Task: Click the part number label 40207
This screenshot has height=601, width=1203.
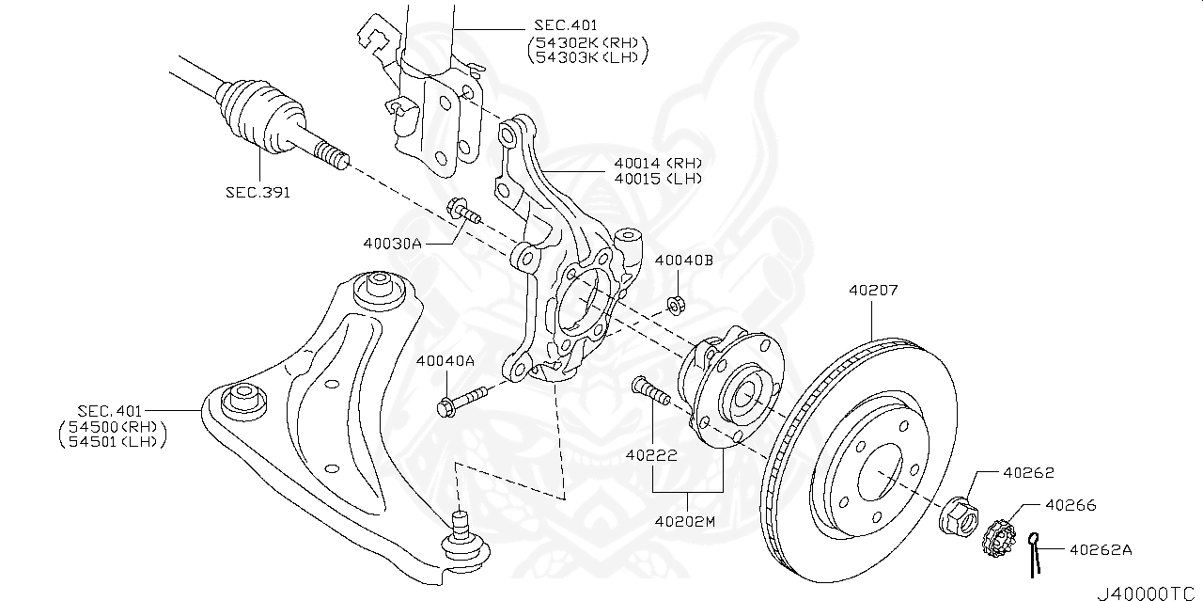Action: (x=873, y=291)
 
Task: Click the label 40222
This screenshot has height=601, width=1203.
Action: (x=650, y=455)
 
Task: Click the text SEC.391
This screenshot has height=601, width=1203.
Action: (x=258, y=192)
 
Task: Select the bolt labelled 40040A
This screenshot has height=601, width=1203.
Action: (x=461, y=400)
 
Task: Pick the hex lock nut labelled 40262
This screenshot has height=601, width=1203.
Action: (x=957, y=514)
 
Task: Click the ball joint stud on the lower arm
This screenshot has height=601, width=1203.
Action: (x=461, y=528)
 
